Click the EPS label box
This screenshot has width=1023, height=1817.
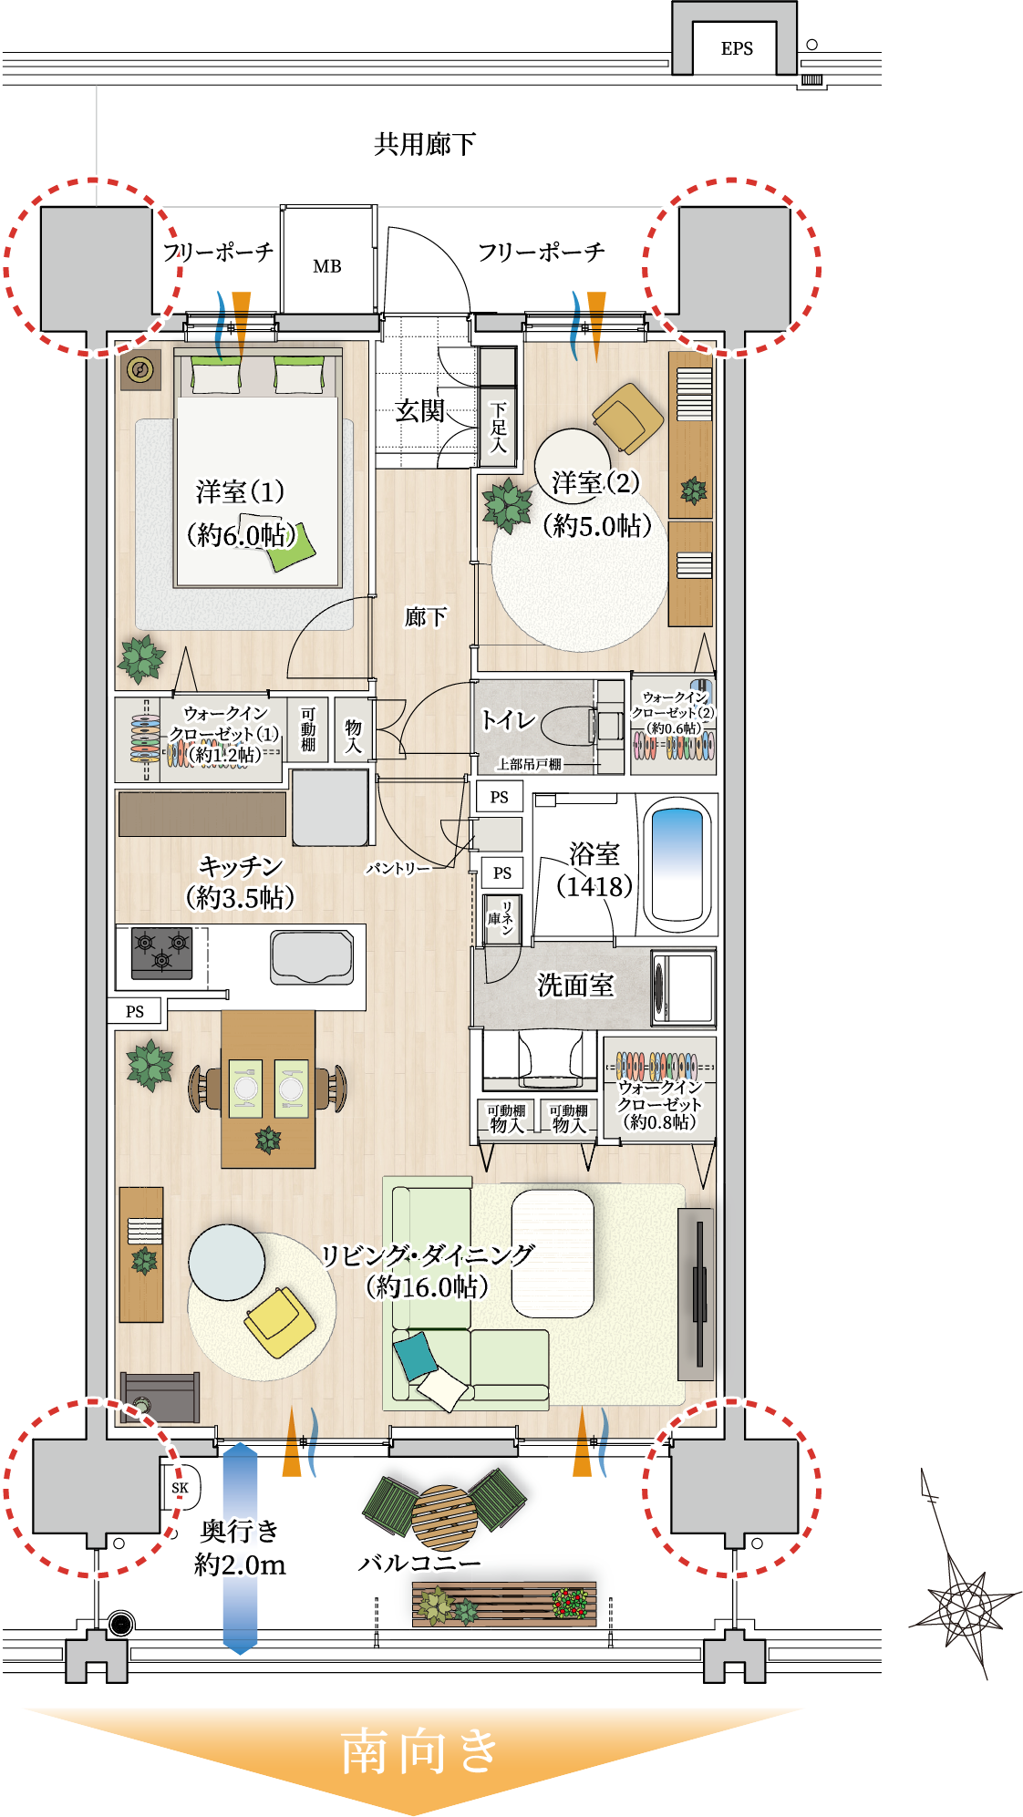click(x=737, y=48)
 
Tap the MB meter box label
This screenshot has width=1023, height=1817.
click(x=327, y=266)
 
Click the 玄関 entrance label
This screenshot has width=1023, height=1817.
click(x=419, y=411)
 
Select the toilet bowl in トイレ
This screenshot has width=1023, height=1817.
click(x=569, y=726)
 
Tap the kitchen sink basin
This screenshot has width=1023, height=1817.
click(x=312, y=957)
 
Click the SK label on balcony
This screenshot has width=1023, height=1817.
click(x=181, y=1488)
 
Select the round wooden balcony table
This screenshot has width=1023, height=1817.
click(x=444, y=1518)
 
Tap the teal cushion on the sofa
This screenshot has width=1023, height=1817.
click(x=415, y=1355)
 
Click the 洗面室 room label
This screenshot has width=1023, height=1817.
click(x=575, y=985)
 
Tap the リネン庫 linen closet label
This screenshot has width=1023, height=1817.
click(x=501, y=918)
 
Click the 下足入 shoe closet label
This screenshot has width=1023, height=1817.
click(x=498, y=428)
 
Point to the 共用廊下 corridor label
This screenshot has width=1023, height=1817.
click(x=425, y=144)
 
